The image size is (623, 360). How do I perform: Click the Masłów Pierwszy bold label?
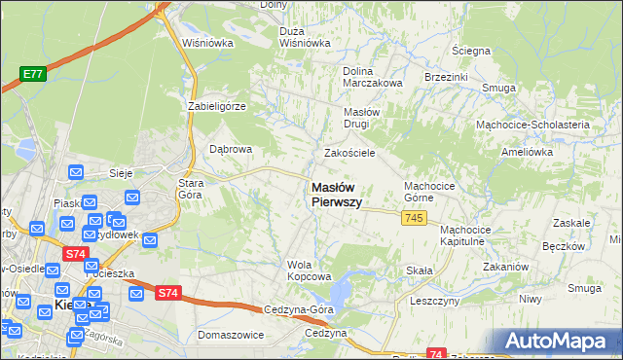point(337,196)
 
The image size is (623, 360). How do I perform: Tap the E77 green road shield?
point(33,72)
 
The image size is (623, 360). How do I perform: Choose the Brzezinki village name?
point(447,77)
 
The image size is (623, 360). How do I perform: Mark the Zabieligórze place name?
point(217,106)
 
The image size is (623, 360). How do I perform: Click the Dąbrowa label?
point(232,150)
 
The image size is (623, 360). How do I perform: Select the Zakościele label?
point(349,154)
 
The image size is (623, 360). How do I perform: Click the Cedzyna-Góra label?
point(299,309)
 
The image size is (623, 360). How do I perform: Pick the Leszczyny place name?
point(434,302)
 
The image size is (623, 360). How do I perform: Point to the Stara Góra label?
point(189,189)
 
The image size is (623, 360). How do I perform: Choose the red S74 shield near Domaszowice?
point(167,293)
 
